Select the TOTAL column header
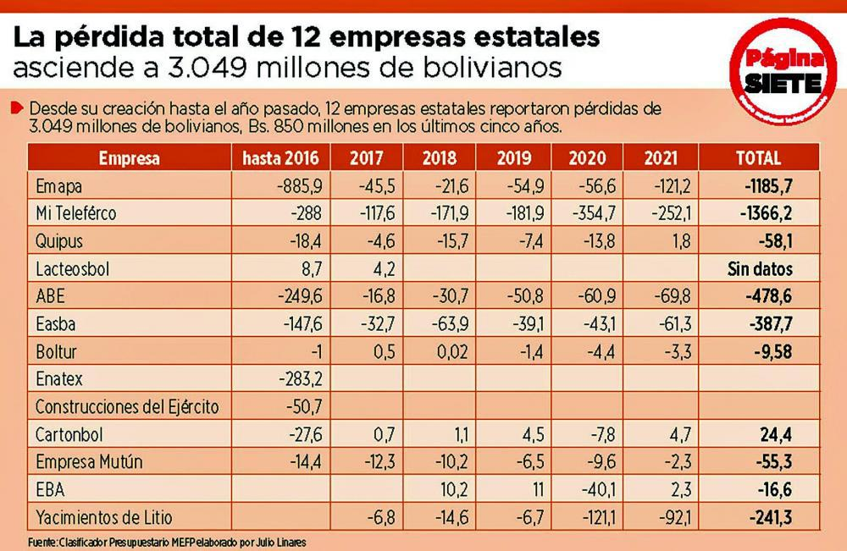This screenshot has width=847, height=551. (x=759, y=158)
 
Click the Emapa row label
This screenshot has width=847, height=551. (x=58, y=185)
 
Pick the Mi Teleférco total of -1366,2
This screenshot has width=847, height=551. (x=767, y=213)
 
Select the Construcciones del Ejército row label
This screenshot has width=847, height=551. (x=127, y=406)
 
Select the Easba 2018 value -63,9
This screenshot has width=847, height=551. (x=443, y=323)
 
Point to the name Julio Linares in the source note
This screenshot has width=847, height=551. (x=279, y=541)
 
